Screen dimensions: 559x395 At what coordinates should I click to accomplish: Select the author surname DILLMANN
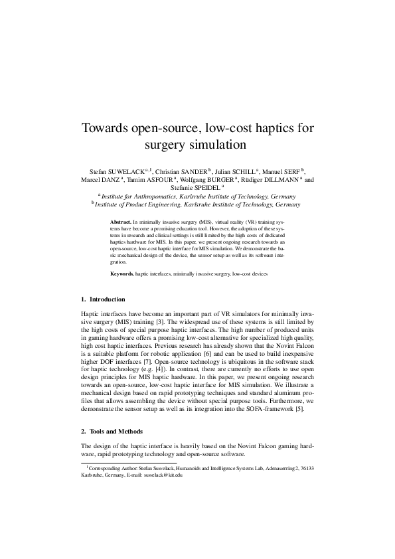click(x=281, y=180)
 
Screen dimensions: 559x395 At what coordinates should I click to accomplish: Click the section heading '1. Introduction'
click(x=107, y=300)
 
